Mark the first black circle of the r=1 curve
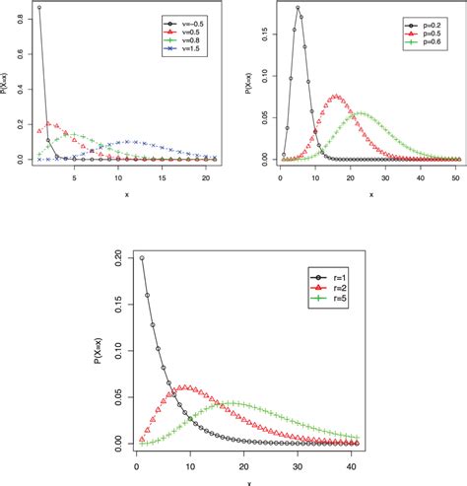coord(142,258)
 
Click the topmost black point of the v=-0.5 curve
coord(38,8)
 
